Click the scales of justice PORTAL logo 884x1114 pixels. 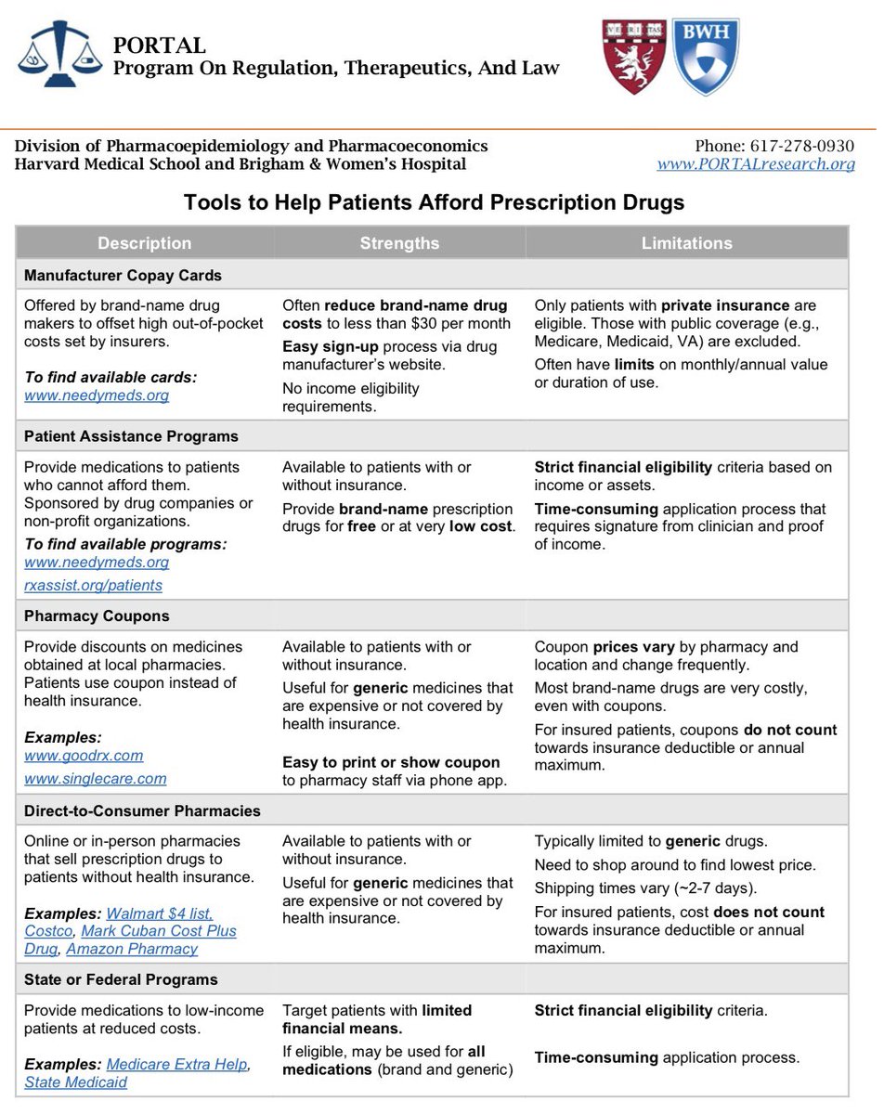click(x=59, y=54)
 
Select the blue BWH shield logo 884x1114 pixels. click(x=706, y=56)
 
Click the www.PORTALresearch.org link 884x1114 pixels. click(x=755, y=164)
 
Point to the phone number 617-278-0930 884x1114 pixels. click(x=774, y=146)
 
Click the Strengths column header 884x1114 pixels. click(x=399, y=243)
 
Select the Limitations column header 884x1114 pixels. click(x=686, y=243)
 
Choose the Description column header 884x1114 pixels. click(x=144, y=243)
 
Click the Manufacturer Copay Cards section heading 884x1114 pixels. click(x=123, y=276)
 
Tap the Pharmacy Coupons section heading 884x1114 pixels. click(x=97, y=616)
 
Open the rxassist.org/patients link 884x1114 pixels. click(x=93, y=586)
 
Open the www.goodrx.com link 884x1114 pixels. click(x=84, y=756)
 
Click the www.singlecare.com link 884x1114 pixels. click(x=95, y=779)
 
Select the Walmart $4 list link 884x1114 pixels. click(x=159, y=913)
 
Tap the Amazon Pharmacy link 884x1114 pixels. click(x=132, y=949)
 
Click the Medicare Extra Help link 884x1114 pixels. click(x=176, y=1065)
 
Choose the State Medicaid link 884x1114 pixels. click(x=75, y=1082)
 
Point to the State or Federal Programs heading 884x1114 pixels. click(x=121, y=979)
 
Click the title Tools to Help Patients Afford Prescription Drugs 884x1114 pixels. click(x=434, y=202)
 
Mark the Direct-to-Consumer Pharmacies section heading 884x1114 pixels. click(x=142, y=810)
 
